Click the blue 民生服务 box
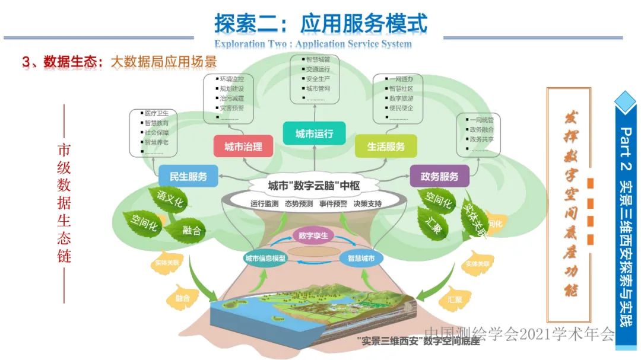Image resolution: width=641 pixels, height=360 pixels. tap(188, 176)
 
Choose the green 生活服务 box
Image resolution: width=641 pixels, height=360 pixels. tap(385, 146)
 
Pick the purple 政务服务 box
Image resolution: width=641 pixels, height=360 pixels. tap(439, 176)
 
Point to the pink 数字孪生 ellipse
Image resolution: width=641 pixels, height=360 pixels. tap(313, 235)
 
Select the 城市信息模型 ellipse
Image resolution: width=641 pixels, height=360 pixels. tap(265, 259)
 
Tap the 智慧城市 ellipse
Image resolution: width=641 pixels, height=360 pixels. tap(361, 259)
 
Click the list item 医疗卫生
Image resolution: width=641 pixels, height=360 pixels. tap(157, 113)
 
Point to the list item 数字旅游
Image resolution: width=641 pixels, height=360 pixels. tap(401, 98)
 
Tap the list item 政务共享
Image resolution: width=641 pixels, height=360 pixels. tap(481, 139)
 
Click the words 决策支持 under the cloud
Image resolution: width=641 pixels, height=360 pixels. tap(367, 203)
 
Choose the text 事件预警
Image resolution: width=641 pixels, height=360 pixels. tap(334, 203)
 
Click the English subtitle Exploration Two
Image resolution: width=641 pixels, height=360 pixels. tap(249, 44)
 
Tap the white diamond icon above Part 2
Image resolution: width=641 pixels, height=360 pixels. tap(628, 101)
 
